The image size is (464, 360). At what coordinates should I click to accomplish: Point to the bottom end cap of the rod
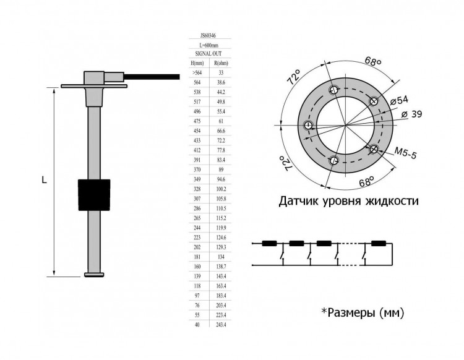93,275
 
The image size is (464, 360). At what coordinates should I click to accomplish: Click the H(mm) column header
198,63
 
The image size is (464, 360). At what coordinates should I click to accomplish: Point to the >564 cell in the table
198,72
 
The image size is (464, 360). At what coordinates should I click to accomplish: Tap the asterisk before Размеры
324,312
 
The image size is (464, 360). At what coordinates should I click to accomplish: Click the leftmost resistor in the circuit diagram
269,243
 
